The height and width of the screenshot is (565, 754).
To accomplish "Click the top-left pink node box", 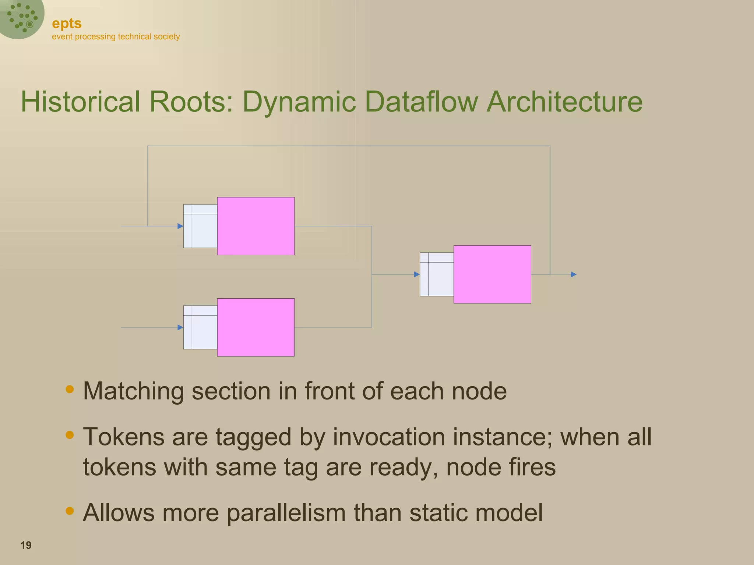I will tap(256, 226).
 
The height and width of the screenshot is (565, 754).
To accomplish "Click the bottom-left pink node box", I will tap(256, 327).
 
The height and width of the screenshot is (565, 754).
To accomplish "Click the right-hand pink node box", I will tap(492, 274).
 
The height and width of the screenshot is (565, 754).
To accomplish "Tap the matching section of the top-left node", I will tap(200, 226).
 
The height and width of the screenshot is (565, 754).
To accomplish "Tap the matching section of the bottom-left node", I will tap(200, 327).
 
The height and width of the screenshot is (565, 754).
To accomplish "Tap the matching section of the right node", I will tap(437, 274).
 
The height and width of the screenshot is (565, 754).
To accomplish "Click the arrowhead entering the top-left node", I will tap(180, 226).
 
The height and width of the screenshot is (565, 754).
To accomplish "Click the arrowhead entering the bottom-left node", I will tap(180, 327).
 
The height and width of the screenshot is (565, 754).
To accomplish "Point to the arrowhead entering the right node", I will tap(416, 274).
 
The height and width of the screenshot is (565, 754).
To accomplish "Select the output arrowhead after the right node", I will tap(573, 274).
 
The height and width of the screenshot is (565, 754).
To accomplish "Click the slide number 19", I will tap(26, 545).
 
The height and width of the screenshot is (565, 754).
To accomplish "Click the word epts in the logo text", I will tap(67, 24).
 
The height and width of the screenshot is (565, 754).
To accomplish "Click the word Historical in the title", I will tap(80, 102).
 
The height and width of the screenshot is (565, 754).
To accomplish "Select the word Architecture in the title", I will tap(564, 102).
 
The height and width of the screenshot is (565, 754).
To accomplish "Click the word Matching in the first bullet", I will tap(133, 391).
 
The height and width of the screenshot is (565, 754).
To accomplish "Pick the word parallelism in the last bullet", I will tap(286, 512).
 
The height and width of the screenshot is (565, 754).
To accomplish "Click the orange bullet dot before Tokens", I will tap(69, 435).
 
